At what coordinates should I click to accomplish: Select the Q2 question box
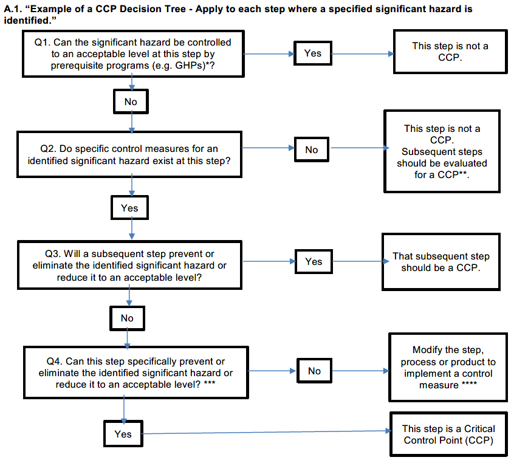[x=129, y=154]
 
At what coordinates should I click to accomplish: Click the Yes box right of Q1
[x=312, y=53]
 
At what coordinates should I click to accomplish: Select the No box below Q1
[x=131, y=101]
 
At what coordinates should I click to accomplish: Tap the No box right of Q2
[x=312, y=149]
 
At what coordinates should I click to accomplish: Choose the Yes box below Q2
[x=129, y=208]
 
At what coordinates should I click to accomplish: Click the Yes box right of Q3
[x=314, y=261]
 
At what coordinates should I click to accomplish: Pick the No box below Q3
[x=127, y=318]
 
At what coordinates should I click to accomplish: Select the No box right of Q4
[x=314, y=371]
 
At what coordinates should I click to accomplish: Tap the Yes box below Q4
[x=123, y=434]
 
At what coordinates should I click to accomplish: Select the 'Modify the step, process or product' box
[x=448, y=367]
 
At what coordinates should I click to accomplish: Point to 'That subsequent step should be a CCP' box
[x=441, y=262]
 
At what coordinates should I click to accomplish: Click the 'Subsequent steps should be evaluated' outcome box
[x=442, y=151]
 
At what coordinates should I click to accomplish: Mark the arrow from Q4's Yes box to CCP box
[x=267, y=432]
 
